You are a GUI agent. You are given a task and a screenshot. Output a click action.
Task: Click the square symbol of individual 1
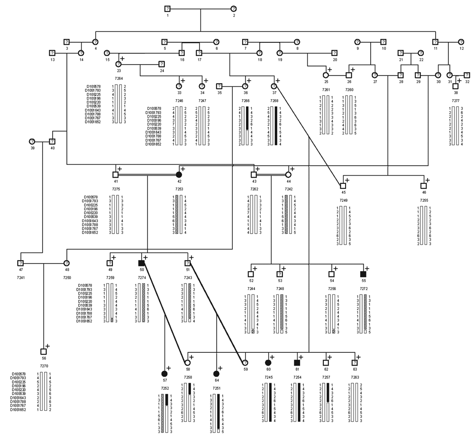tap(167, 9)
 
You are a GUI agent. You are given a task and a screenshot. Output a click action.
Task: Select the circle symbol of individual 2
tap(233, 9)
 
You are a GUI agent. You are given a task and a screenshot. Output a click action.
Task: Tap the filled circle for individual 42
tap(179, 174)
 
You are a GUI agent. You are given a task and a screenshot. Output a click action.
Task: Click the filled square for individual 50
tap(141, 263)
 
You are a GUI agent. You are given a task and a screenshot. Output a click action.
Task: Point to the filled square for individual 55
tap(363, 274)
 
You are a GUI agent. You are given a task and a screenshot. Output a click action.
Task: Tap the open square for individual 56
tap(43, 351)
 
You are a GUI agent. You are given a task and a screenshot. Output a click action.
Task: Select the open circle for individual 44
tap(288, 174)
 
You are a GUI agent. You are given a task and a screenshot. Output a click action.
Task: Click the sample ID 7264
tap(119, 78)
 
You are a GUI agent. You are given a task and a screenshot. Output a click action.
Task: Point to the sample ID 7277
tap(456, 101)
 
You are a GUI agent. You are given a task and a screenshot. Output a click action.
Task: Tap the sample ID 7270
tap(44, 367)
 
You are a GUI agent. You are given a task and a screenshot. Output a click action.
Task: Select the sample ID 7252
tap(164, 388)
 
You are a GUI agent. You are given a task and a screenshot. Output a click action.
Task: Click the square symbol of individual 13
tap(52, 52)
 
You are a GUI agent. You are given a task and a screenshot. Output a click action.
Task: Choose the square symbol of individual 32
tap(467, 75)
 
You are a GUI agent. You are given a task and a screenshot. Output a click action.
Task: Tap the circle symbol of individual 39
tap(32, 141)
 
